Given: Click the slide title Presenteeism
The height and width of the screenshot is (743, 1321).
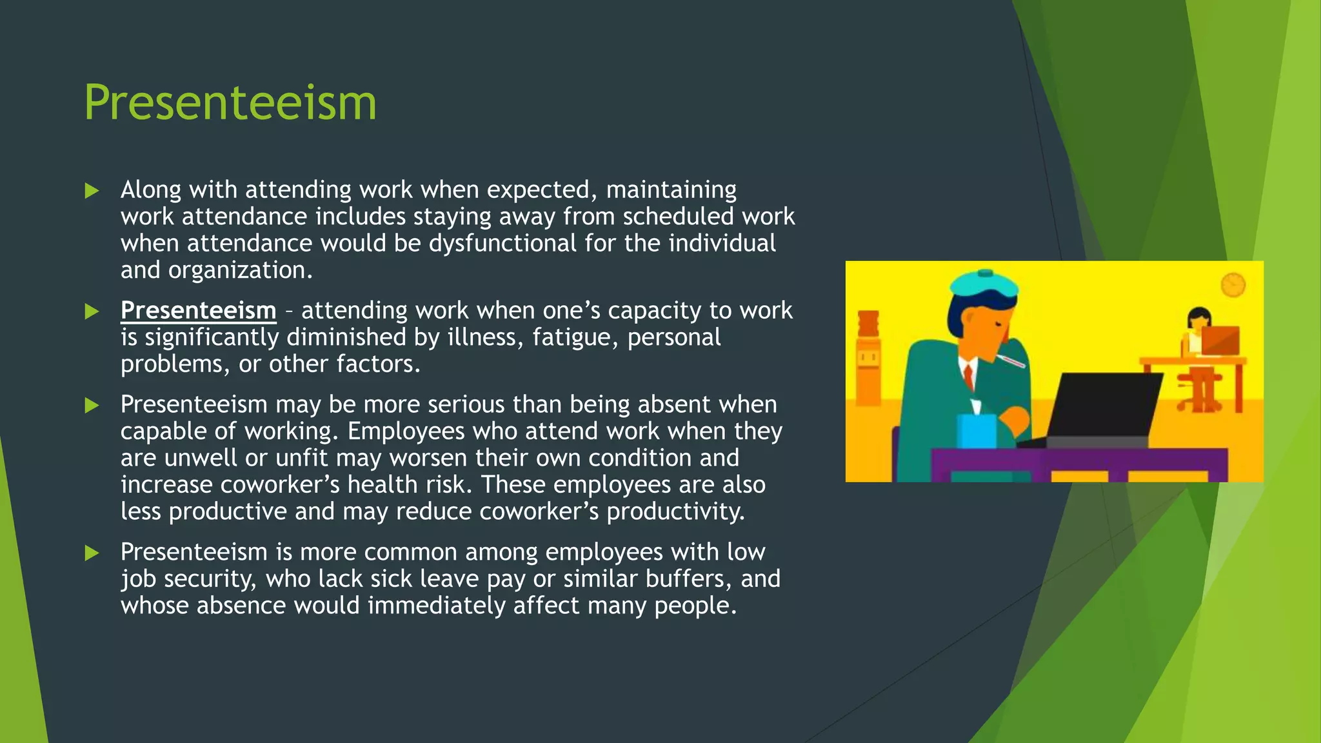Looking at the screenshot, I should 230,103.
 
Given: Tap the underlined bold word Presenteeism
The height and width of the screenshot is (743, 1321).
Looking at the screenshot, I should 198,310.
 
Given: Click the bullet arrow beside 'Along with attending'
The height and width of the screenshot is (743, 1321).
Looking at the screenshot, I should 92,191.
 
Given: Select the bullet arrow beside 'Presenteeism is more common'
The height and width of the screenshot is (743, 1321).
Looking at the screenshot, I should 92,553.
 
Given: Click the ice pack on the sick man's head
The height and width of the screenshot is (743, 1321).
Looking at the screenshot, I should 984,284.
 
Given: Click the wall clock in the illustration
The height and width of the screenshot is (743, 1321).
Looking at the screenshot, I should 1233,284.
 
